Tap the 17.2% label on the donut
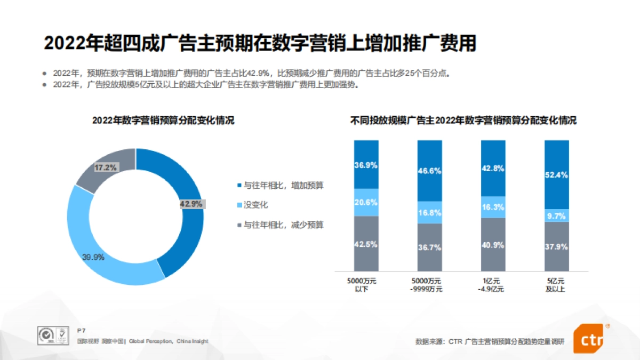(105, 167)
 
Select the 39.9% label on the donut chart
(93, 257)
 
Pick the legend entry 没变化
(255, 205)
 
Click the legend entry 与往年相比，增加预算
(279, 186)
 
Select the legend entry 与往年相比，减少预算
(279, 225)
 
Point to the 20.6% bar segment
(366, 202)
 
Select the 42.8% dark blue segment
(493, 168)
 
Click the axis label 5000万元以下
(366, 285)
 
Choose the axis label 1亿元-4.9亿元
(493, 285)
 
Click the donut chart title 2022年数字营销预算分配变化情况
(163, 121)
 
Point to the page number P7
(81, 331)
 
